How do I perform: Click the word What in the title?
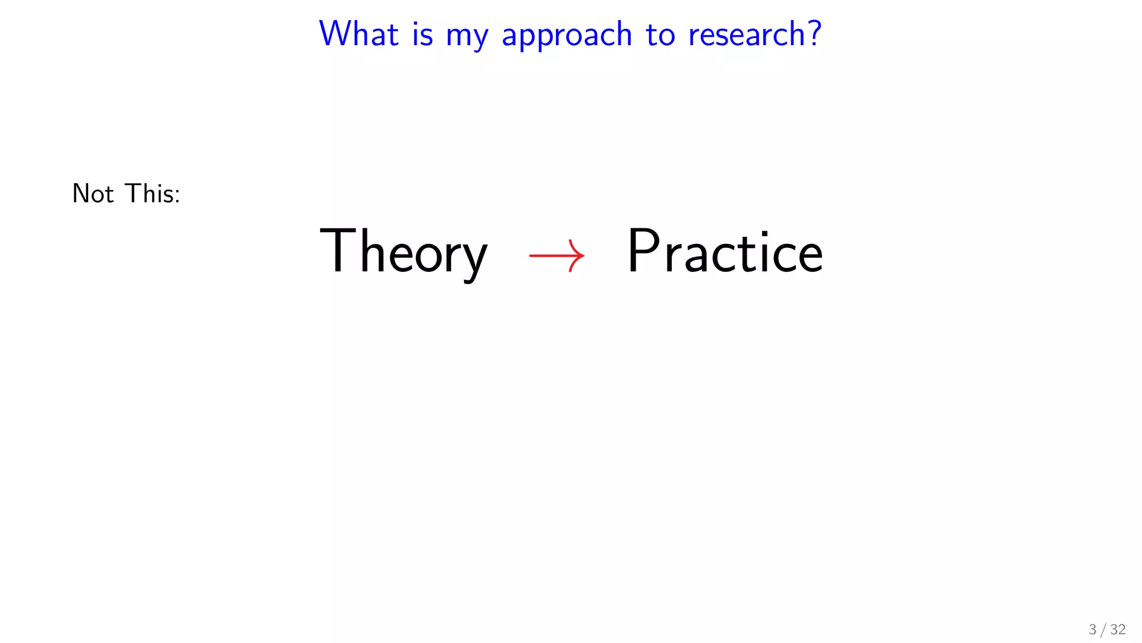(359, 34)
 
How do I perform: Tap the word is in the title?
(422, 34)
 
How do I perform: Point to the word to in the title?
(660, 35)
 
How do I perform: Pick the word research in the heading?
(747, 34)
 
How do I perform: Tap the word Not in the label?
(93, 194)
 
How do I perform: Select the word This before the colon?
(148, 194)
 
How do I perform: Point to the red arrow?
(557, 256)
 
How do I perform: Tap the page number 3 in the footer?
(1092, 630)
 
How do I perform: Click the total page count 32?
(1117, 630)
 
